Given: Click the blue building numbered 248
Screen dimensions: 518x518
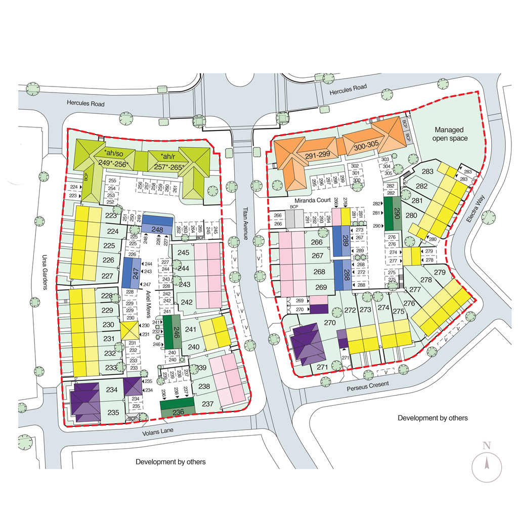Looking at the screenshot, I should coord(157,227).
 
